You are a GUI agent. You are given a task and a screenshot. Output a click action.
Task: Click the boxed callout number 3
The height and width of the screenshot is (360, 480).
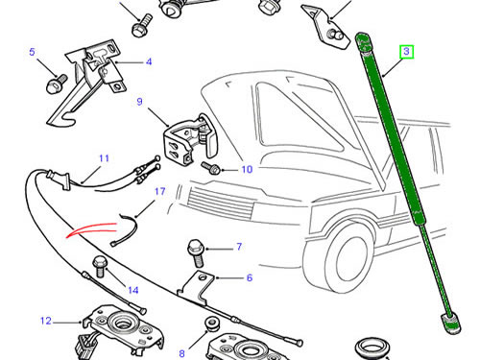coord(406,52)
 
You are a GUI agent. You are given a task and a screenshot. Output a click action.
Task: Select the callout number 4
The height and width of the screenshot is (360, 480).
coord(149,61)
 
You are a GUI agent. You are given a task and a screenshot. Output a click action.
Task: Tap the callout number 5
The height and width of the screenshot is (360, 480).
coord(32,52)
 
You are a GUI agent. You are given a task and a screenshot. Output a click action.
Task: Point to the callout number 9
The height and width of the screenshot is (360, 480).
coord(139,102)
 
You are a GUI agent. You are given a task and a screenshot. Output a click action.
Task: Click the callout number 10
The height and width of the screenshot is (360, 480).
coord(247,169)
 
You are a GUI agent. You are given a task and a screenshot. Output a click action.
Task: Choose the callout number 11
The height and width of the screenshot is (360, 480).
coord(105,158)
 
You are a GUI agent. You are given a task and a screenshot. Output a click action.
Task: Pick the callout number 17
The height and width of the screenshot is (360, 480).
coord(160,191)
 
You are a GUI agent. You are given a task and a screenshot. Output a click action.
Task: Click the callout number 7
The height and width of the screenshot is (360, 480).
coord(239,247)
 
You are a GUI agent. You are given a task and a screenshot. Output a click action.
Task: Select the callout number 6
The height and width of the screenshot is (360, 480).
coord(250,277)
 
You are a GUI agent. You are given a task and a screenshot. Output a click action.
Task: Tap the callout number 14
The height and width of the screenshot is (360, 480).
coord(133,290)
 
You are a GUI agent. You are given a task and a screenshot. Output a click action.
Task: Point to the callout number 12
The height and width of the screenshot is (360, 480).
coord(46,321)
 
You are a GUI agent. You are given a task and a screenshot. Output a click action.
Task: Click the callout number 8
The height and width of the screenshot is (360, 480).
coord(181,353)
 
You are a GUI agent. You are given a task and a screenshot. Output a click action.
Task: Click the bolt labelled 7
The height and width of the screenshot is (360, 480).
coord(196,253)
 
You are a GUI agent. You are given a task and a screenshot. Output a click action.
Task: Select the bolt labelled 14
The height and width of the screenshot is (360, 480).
coord(100,267)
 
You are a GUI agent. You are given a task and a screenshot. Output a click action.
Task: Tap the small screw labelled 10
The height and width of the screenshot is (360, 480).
coord(210,167)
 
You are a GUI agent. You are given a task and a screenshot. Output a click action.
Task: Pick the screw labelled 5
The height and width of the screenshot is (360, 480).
coord(57,84)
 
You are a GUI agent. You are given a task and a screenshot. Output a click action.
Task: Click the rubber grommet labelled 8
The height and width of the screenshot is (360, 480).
coord(211,324)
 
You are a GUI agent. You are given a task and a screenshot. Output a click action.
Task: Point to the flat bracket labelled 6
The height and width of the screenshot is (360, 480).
coord(196,286)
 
